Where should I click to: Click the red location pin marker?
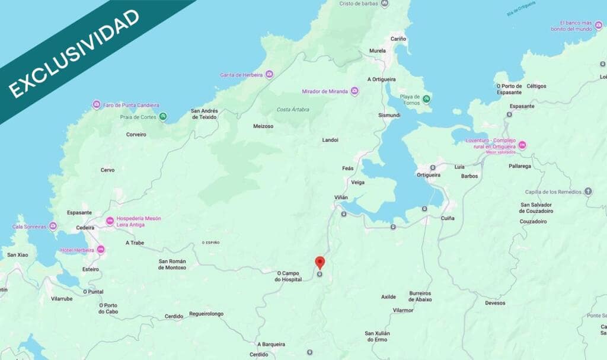(320, 262)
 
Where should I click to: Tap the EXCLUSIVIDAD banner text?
(74, 53)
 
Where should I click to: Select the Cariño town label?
(398, 39)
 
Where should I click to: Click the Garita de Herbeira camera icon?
(269, 74)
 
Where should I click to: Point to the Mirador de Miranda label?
(325, 91)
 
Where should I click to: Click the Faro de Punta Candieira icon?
(96, 105)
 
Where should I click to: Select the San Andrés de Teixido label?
(205, 114)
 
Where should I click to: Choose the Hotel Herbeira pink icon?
(101, 250)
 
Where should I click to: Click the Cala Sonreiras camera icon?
(53, 226)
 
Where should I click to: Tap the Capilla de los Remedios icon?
(588, 192)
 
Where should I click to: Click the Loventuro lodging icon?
(522, 145)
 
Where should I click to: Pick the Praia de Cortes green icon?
(163, 116)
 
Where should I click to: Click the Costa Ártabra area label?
(292, 110)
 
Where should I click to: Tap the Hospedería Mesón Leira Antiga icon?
(110, 221)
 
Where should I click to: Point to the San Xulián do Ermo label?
(377, 336)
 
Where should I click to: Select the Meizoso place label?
(263, 126)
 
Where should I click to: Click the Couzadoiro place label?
(533, 221)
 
